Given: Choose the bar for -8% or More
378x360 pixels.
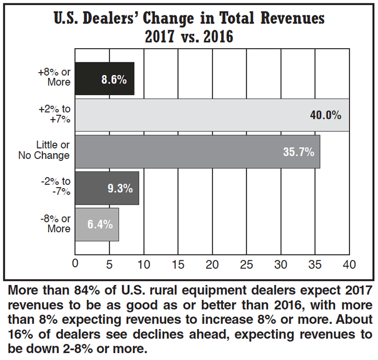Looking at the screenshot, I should coord(97,224).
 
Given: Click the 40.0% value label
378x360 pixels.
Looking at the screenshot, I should coord(325,115).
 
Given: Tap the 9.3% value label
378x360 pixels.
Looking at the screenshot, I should coord(120,188).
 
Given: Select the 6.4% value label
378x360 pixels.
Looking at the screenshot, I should coord(101,225).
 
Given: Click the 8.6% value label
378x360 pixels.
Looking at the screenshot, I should coord(113,79).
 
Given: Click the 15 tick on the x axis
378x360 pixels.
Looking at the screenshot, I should coord(178,264).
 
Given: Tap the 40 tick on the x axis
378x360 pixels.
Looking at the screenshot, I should coord(349,264).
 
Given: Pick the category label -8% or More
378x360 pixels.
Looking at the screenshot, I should coord(57,224).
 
